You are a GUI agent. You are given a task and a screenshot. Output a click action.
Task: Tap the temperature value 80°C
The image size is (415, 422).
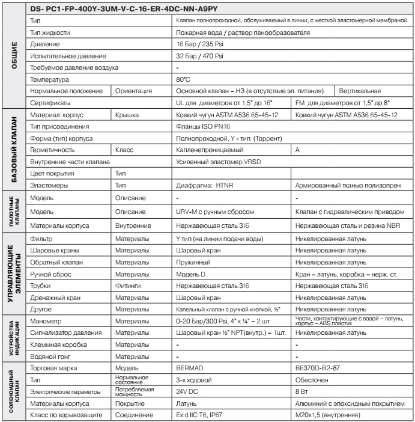(183, 79)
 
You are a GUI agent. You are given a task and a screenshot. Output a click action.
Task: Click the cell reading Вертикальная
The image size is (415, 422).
(360, 91)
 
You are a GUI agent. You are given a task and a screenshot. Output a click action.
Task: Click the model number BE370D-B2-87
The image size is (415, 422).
(321, 368)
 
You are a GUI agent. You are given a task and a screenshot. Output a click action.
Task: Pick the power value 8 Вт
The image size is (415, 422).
(306, 391)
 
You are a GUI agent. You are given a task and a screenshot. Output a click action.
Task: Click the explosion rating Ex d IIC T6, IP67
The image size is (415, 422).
(207, 415)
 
